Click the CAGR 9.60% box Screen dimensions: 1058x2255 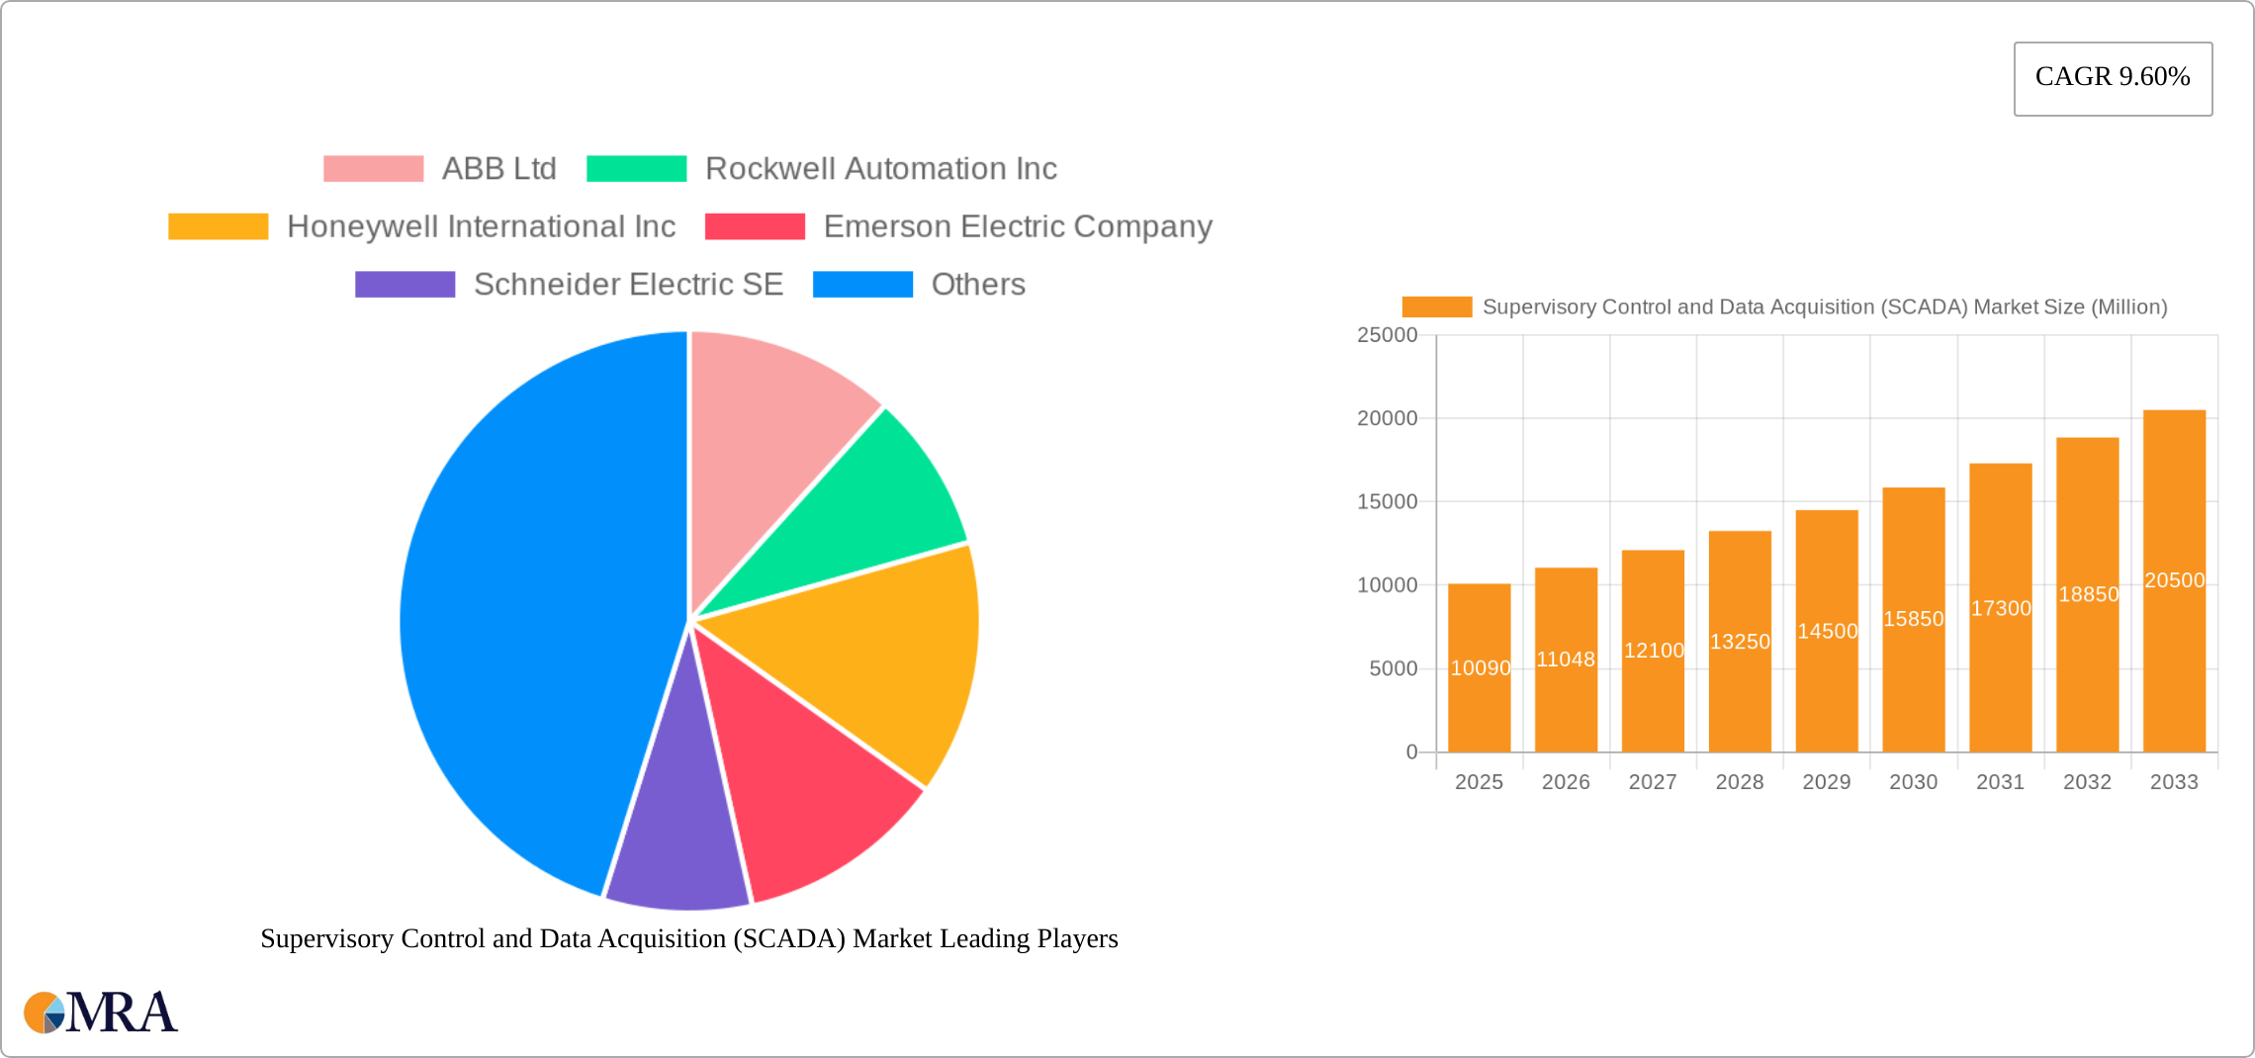tap(2113, 78)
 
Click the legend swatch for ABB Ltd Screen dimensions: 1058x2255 tap(373, 169)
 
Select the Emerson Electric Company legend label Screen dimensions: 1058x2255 tap(1018, 226)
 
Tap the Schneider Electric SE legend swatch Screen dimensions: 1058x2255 tap(405, 285)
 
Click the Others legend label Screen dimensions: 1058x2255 tap(978, 285)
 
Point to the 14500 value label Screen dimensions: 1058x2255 tap(1827, 631)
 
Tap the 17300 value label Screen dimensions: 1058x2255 tap(2001, 608)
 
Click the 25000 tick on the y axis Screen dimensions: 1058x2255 tap(1387, 335)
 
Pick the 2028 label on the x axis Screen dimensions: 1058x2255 tap(1740, 782)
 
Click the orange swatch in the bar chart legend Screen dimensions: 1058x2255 tap(1436, 308)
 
